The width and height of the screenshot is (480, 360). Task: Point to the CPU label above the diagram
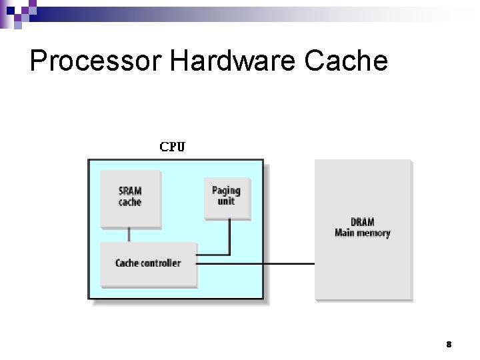[x=172, y=147]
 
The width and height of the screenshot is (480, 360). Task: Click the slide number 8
[x=449, y=345]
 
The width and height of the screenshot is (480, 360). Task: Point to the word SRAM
[x=130, y=191]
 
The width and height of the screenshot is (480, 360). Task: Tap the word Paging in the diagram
[x=226, y=191]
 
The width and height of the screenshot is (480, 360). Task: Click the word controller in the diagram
[x=161, y=263]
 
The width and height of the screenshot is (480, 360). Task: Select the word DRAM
[x=363, y=222]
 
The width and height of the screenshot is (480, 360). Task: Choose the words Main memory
[x=363, y=233]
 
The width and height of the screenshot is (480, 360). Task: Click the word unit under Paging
[x=226, y=201]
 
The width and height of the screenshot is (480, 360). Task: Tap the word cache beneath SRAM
[x=130, y=201]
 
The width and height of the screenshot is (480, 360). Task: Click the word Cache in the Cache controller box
[x=127, y=263]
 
